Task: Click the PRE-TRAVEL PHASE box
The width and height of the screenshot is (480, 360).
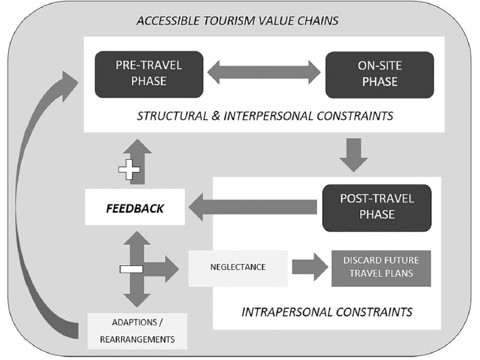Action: point(149,74)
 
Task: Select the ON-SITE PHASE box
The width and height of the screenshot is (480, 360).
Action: point(380,74)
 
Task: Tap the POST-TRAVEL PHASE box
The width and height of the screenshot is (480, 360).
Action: point(377,208)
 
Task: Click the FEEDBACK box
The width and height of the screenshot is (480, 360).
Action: point(135,207)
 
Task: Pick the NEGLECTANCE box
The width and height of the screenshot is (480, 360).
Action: point(238,268)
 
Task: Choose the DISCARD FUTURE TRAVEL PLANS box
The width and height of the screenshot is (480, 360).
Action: point(381,268)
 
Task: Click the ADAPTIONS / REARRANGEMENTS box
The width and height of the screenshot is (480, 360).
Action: point(137,331)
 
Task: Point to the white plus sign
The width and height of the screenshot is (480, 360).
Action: point(129,169)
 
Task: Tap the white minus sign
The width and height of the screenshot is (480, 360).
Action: point(131,269)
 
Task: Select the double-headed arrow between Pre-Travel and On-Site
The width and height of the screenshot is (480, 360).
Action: point(264,72)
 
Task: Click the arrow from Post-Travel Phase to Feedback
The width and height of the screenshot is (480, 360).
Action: point(253,207)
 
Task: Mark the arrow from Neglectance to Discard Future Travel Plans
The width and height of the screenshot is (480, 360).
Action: point(310,267)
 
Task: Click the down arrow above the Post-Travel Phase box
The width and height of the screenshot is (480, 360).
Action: point(353,155)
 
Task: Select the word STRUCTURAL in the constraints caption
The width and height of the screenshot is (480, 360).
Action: point(173,116)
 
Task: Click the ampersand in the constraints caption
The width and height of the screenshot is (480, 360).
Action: point(216,116)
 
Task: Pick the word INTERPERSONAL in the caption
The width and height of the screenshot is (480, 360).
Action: point(269,116)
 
